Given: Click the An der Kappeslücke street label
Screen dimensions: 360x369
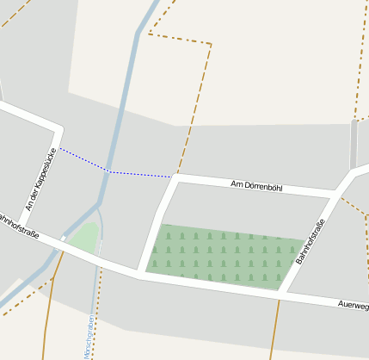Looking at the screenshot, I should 40,179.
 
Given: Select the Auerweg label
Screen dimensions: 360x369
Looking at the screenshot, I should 353,305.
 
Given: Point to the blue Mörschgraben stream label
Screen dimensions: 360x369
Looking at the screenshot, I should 89,336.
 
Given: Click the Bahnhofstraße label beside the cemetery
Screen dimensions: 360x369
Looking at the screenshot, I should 310,242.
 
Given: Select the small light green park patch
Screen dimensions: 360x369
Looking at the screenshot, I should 83,237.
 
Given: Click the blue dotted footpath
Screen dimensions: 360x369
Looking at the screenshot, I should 138,174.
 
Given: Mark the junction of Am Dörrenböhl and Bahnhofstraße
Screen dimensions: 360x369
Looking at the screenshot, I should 337,191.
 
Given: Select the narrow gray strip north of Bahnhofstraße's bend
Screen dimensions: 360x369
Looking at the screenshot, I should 354,144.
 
